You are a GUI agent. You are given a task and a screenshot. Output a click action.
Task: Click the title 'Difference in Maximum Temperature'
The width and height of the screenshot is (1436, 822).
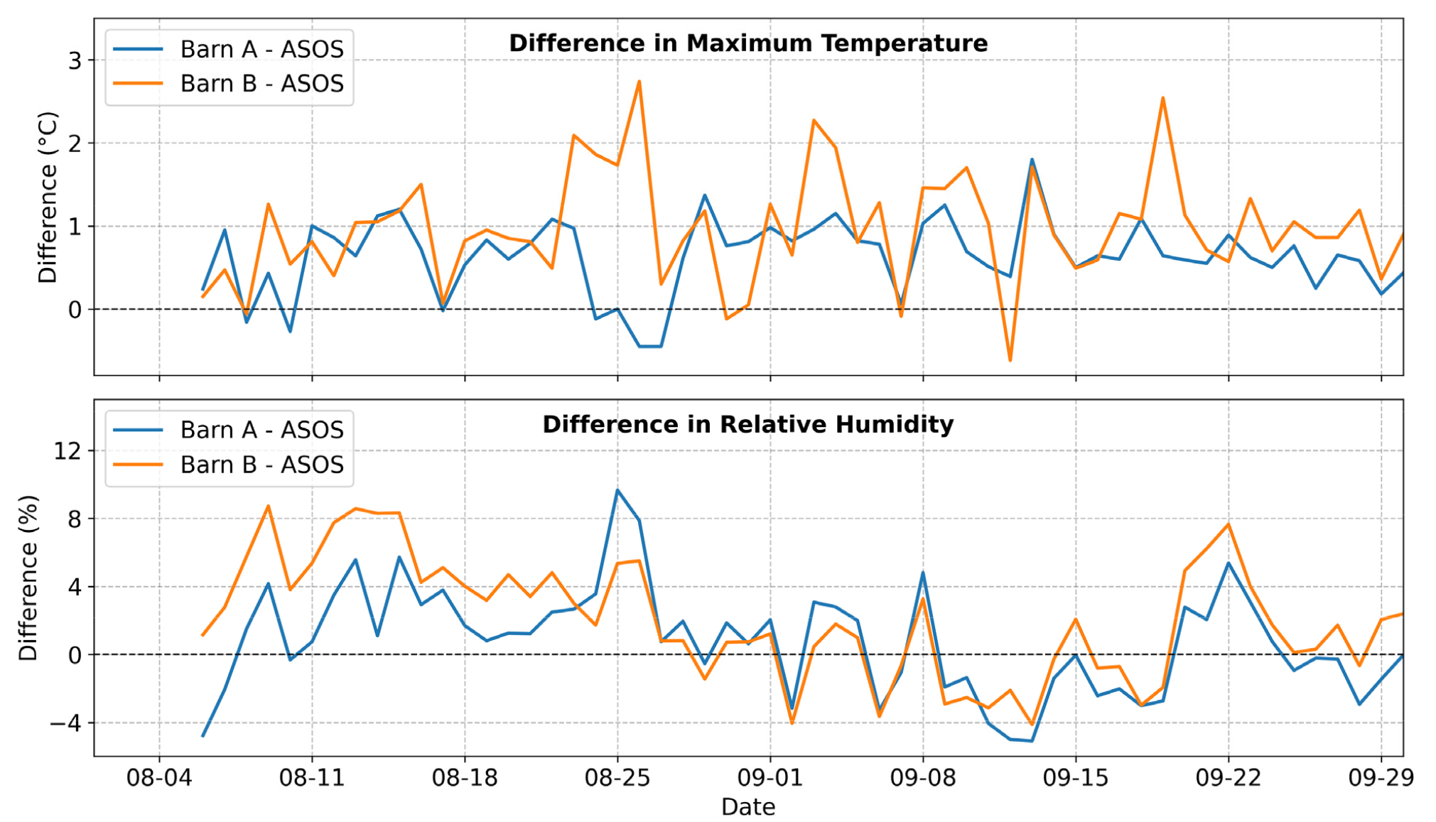click(748, 43)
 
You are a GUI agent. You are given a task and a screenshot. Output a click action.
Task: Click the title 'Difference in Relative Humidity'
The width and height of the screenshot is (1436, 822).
click(748, 424)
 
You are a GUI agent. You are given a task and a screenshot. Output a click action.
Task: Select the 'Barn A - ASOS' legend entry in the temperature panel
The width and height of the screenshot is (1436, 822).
click(261, 49)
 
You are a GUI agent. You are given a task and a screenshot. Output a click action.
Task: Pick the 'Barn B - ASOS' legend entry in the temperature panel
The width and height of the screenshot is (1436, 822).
click(261, 83)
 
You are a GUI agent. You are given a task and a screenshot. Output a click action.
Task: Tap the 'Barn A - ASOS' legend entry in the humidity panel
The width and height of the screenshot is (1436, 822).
click(261, 430)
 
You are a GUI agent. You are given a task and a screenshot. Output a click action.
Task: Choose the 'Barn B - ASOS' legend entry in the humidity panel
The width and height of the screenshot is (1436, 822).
click(261, 464)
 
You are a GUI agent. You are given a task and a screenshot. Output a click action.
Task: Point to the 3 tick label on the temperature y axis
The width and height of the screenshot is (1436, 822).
click(75, 61)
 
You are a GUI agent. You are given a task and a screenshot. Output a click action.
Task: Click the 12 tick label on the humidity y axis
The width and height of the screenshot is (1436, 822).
click(68, 451)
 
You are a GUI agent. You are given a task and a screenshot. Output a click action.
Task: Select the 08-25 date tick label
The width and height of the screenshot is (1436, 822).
click(617, 778)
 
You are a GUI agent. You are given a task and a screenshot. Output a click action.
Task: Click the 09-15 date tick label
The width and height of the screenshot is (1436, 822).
click(1076, 778)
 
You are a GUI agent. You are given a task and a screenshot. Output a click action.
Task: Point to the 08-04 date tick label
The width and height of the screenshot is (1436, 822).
click(159, 778)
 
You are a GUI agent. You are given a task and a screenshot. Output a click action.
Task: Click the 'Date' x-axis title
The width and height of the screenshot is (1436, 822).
click(748, 807)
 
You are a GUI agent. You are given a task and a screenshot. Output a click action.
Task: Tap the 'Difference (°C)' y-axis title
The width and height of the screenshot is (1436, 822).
click(48, 198)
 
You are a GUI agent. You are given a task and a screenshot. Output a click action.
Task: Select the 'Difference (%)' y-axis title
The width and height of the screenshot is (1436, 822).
click(28, 578)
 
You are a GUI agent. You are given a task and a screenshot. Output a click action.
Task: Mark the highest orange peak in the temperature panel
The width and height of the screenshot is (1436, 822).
click(639, 81)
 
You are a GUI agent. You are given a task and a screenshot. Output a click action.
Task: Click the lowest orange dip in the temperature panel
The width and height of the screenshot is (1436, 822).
click(1010, 361)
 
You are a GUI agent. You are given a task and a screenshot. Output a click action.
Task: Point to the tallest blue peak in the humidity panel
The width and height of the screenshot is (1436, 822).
click(617, 490)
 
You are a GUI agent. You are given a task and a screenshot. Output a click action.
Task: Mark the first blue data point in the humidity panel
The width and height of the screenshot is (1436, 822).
click(203, 736)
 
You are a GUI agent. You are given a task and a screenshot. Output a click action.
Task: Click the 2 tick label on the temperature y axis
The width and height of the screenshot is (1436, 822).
click(75, 144)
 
